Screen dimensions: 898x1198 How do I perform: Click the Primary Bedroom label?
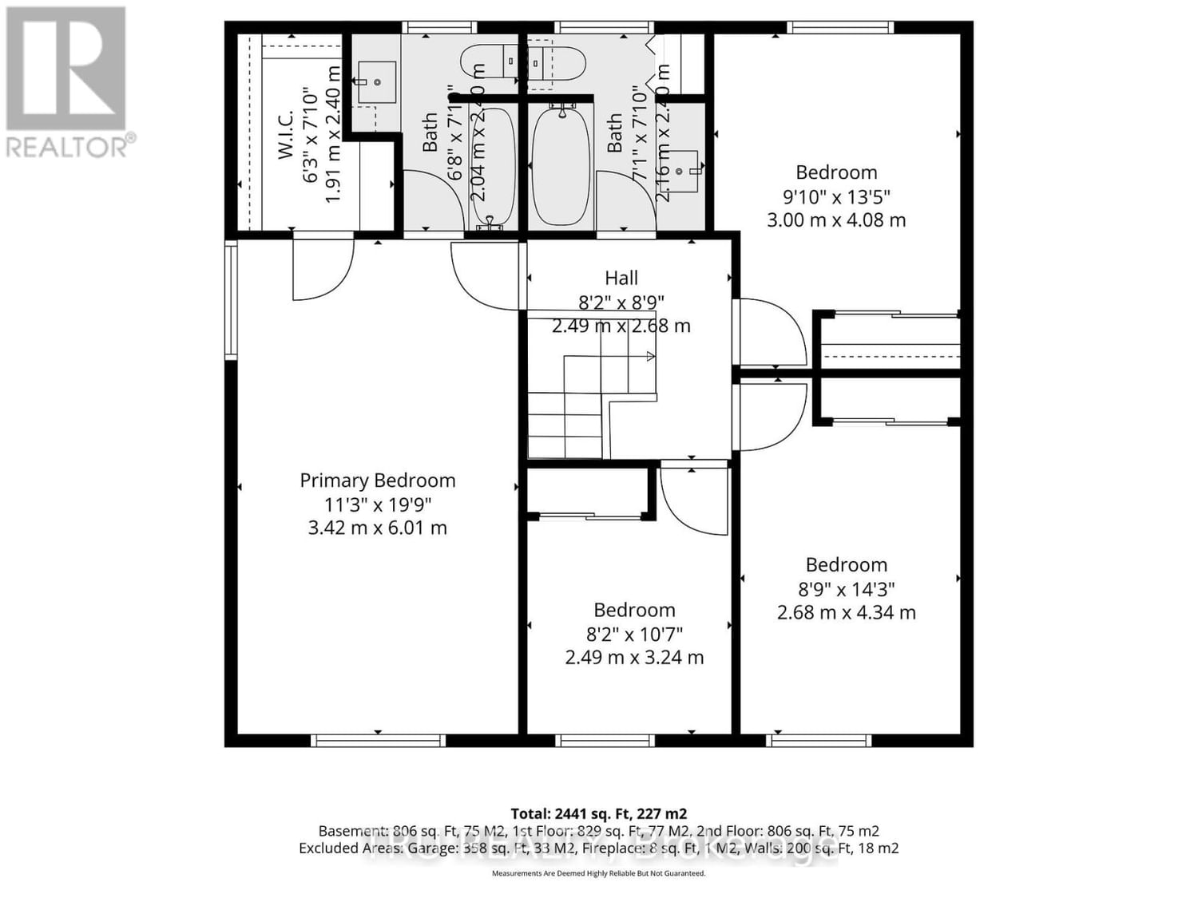point(377,481)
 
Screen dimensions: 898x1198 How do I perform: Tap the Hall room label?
point(621,278)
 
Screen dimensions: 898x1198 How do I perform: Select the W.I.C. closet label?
point(287,134)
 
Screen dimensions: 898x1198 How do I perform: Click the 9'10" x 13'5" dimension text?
point(836,196)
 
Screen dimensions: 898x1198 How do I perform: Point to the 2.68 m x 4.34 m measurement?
point(846,613)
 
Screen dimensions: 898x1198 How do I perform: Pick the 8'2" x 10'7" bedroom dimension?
point(634,635)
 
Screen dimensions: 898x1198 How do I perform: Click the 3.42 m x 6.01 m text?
point(377,528)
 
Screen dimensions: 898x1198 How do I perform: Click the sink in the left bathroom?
point(377,82)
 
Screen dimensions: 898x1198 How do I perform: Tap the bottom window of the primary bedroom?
point(378,741)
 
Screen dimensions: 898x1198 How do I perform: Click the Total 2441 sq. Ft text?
point(598,814)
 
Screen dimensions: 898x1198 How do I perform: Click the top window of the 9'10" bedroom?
point(840,28)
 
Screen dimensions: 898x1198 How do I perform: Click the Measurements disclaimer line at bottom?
point(598,874)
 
